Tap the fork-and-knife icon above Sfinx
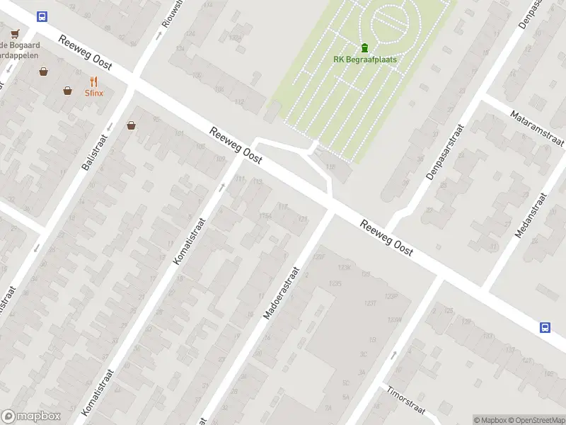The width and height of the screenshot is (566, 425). click(93, 81)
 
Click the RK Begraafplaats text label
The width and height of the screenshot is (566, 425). click(364, 59)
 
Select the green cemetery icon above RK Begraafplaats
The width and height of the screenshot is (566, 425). click(364, 47)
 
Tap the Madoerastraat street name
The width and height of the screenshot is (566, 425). click(282, 293)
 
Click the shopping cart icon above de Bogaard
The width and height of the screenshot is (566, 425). click(14, 33)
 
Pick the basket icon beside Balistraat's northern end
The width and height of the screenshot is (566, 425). click(131, 126)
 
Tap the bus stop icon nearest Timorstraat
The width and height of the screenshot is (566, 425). click(545, 327)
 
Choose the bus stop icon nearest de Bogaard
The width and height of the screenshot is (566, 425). click(42, 16)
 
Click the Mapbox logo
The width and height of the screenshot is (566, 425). click(31, 416)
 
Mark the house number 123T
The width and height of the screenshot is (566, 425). click(369, 303)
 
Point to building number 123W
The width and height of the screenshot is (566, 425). click(395, 320)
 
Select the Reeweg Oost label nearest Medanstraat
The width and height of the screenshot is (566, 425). click(386, 238)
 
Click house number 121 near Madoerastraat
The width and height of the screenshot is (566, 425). click(304, 219)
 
